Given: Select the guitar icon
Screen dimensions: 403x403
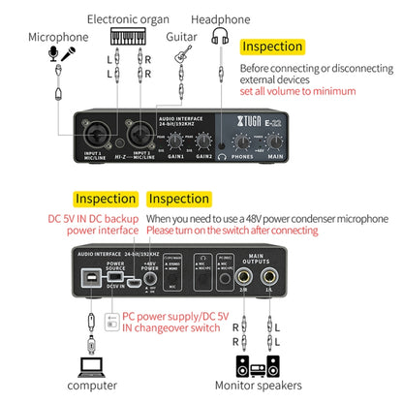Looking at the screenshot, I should click(x=181, y=55).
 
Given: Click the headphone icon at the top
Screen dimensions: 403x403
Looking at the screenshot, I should click(x=221, y=39).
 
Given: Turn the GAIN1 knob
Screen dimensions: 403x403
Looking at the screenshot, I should click(x=177, y=141).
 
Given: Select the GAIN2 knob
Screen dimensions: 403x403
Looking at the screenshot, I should click(x=203, y=141).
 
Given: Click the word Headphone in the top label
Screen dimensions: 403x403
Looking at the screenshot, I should click(x=220, y=18).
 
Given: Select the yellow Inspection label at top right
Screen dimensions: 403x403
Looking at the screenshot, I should click(x=271, y=46).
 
